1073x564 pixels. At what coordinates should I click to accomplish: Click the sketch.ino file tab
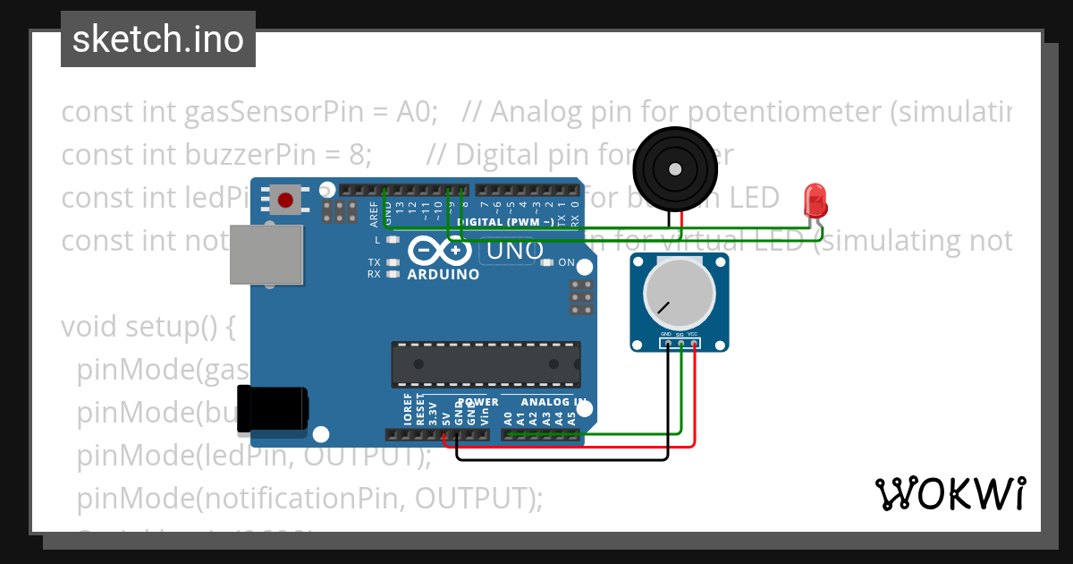click(157, 39)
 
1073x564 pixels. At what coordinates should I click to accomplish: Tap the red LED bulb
click(815, 199)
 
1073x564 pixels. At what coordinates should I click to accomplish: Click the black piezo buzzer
click(675, 167)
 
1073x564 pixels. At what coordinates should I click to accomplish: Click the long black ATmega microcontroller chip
click(485, 364)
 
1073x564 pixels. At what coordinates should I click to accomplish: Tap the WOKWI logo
click(950, 493)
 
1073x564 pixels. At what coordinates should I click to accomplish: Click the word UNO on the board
click(511, 251)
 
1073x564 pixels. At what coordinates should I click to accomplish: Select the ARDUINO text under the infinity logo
click(443, 274)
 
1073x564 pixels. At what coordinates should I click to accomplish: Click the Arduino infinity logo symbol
click(444, 251)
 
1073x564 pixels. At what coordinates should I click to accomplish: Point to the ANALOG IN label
click(553, 403)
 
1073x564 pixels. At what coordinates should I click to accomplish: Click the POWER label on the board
click(477, 403)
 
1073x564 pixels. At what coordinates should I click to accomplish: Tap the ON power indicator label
click(566, 263)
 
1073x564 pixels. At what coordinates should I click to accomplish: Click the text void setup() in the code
click(148, 327)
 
